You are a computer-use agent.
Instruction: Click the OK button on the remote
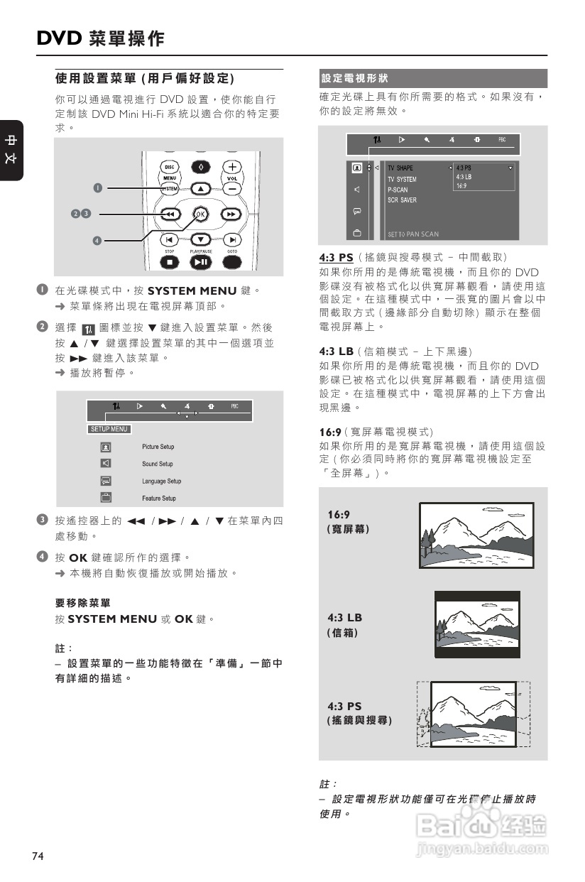click(200, 214)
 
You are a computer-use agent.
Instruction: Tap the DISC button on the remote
click(170, 167)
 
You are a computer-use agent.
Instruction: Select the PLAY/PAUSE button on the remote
click(200, 262)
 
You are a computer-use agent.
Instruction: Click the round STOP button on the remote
click(170, 262)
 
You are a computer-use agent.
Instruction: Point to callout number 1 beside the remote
click(99, 187)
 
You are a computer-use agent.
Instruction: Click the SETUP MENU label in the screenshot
click(109, 429)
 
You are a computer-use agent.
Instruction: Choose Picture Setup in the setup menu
click(158, 447)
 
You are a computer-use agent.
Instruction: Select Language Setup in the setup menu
click(161, 481)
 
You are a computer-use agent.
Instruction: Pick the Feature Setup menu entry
click(158, 498)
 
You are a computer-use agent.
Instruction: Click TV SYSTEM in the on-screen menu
click(402, 180)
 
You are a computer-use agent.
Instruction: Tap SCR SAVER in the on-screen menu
click(402, 200)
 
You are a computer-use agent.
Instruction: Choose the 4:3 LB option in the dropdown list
click(463, 177)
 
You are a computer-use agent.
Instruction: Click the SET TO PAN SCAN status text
click(413, 234)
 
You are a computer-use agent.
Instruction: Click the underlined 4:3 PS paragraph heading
click(336, 257)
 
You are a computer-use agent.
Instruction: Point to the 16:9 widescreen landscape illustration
click(476, 535)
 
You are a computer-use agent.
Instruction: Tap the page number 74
click(38, 856)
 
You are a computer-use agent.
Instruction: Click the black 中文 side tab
click(11, 150)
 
